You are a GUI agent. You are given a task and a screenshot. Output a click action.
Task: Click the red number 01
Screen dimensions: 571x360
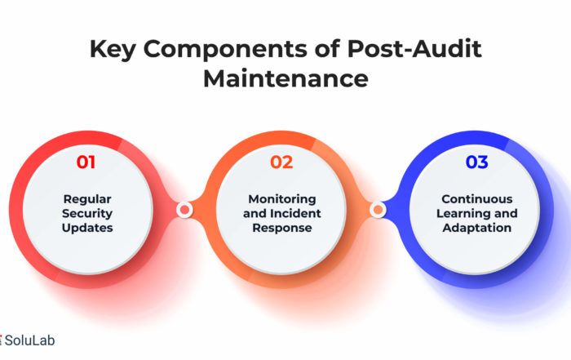[86, 162]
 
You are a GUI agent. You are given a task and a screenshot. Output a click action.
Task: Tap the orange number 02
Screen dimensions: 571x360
[281, 162]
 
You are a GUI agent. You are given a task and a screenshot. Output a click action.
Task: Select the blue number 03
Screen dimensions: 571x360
[476, 162]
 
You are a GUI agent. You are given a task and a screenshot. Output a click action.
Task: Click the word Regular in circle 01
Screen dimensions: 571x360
[87, 199]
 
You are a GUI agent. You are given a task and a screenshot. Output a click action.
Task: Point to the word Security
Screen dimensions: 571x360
[87, 214]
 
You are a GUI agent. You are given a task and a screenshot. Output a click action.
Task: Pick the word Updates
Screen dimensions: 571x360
[87, 228]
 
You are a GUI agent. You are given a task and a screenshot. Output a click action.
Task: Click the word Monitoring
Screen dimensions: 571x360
[282, 199]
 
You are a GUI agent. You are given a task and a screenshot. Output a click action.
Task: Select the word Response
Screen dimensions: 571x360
[282, 228]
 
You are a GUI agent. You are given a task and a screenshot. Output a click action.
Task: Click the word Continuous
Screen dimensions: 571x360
[477, 199]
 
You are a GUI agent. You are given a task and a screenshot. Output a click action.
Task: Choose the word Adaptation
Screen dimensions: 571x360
[477, 228]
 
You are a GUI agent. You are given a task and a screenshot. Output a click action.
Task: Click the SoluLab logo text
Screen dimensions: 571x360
[29, 340]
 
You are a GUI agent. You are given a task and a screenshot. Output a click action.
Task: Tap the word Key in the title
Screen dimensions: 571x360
[113, 50]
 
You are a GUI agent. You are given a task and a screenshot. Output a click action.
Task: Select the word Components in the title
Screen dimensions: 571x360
[225, 50]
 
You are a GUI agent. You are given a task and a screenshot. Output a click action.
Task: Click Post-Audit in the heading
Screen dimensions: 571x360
[414, 48]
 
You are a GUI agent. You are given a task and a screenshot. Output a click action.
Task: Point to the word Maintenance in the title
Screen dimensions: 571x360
[285, 78]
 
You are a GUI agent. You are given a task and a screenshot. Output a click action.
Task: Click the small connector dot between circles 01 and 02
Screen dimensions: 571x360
[184, 210]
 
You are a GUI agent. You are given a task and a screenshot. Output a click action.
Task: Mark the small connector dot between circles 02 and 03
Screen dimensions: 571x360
[378, 210]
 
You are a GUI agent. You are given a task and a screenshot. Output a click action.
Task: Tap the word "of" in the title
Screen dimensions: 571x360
[327, 48]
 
